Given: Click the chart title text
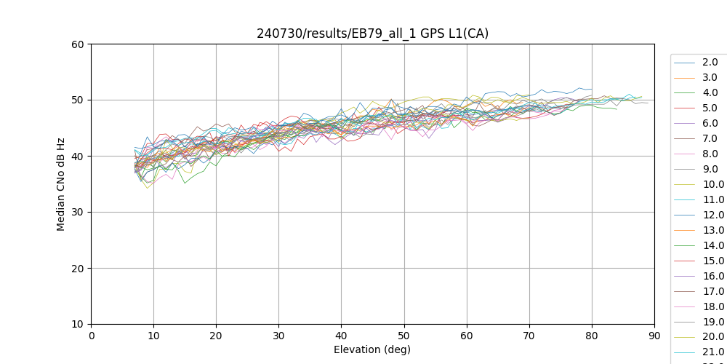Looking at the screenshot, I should [x=372, y=33].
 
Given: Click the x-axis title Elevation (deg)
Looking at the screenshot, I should [x=372, y=349].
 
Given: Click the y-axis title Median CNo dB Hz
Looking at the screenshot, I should [x=61, y=183].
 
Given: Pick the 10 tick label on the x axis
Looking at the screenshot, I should [x=153, y=335].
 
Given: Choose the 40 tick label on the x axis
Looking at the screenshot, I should [x=341, y=335].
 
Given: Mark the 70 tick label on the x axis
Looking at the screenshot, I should [x=529, y=335].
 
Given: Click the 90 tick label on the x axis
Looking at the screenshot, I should [x=654, y=335].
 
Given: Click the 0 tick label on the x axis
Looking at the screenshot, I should [x=91, y=335].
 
